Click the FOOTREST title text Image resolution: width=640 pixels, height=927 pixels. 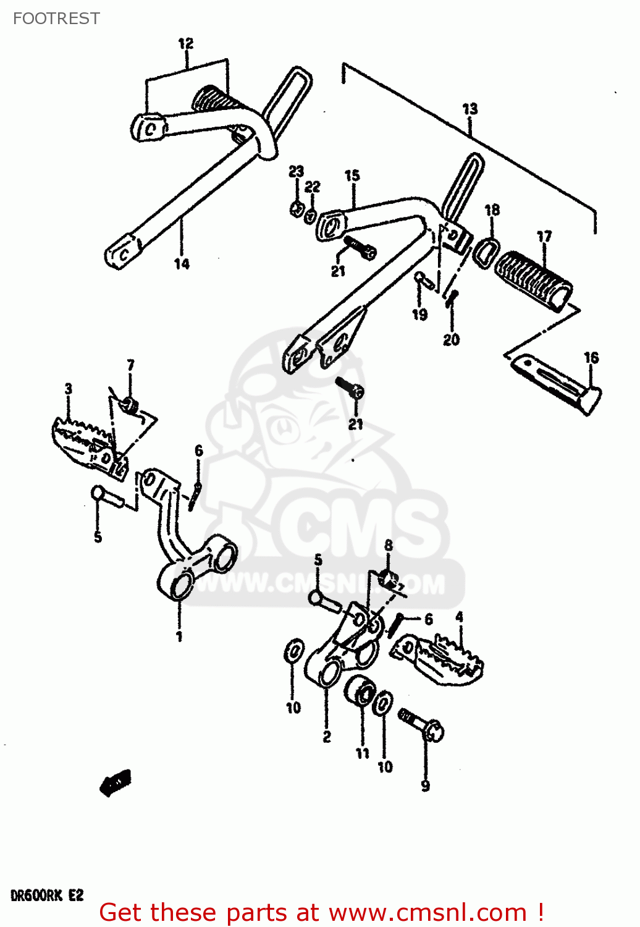56,19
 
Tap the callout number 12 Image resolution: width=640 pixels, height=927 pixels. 185,43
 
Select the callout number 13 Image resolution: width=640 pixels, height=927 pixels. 470,109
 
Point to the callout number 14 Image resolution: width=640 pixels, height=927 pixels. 182,264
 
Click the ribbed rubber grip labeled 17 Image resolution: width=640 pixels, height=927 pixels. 535,279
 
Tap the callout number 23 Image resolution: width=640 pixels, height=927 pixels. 297,172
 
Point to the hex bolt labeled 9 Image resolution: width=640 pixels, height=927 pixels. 425,725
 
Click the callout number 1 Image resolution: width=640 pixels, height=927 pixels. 179,636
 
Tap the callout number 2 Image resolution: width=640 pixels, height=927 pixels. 327,736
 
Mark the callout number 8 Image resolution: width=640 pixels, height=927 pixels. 388,545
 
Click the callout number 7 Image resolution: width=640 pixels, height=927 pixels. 130,365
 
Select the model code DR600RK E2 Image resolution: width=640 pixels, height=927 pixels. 47,895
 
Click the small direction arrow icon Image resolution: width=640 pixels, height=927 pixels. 116,783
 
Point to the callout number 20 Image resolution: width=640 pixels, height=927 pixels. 451,339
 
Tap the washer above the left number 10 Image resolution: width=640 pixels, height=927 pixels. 294,651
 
